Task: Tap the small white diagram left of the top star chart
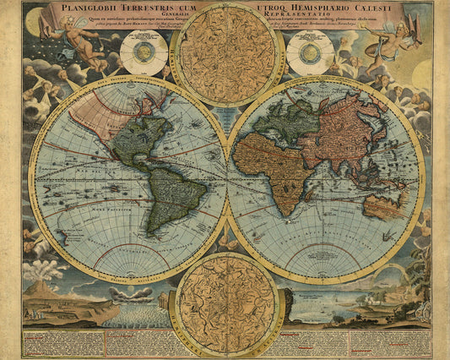[x=143, y=52]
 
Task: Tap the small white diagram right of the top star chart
[x=309, y=52]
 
